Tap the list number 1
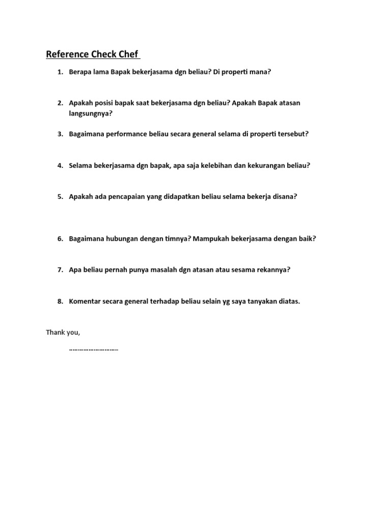pyautogui.click(x=60, y=72)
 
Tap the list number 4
pyautogui.click(x=60, y=165)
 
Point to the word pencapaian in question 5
pyautogui.click(x=125, y=196)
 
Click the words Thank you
pyautogui.click(x=63, y=332)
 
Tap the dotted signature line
pyautogui.click(x=93, y=350)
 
